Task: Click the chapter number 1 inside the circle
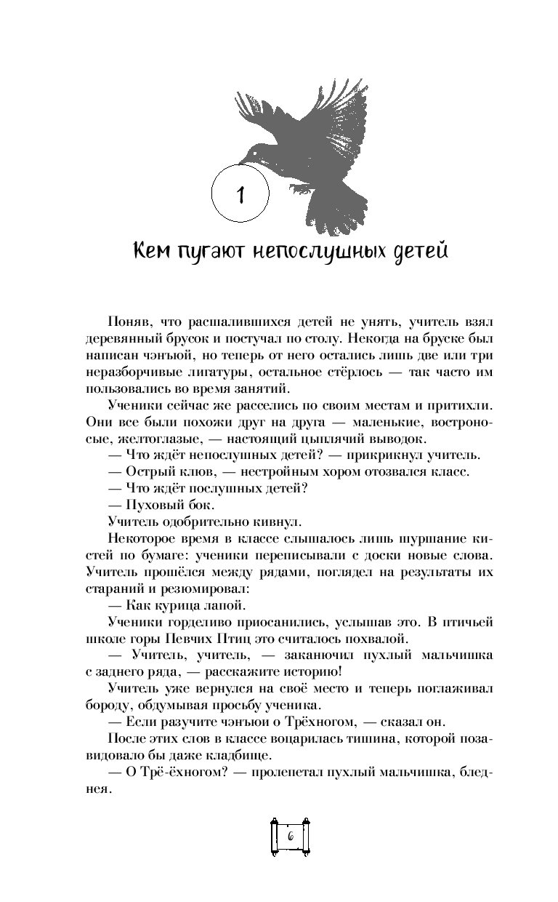pyautogui.click(x=240, y=194)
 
